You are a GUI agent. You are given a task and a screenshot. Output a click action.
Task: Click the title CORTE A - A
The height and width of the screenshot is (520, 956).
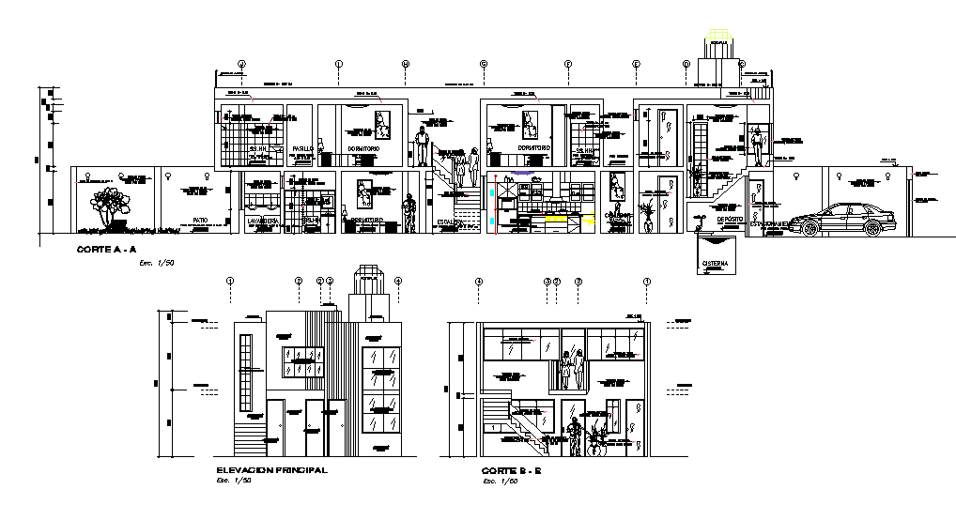point(106,250)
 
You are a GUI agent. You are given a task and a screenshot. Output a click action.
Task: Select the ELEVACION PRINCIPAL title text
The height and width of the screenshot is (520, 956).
point(271,470)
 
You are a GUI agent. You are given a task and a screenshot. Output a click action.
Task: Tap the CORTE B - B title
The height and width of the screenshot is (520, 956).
point(513,470)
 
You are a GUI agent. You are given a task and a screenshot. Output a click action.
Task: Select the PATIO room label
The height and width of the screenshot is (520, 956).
point(200,220)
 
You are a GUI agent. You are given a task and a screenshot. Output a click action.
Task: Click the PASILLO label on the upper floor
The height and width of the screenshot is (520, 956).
point(301,149)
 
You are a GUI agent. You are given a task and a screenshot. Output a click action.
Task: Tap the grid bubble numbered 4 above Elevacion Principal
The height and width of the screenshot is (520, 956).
point(398,281)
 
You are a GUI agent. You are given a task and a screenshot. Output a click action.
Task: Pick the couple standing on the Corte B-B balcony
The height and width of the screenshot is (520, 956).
point(572,371)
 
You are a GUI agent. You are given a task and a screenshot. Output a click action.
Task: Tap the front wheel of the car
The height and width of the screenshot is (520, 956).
point(809,226)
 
